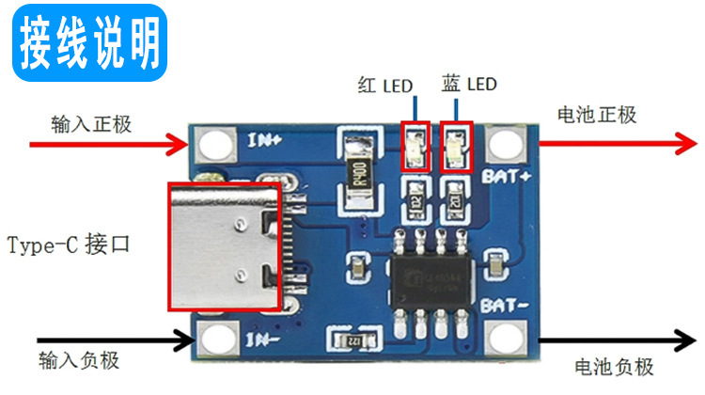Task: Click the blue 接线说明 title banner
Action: click(x=90, y=39)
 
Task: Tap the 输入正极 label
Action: click(x=91, y=124)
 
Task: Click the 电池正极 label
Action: click(x=597, y=115)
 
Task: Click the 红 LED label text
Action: click(x=385, y=86)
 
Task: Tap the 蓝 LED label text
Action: click(x=468, y=85)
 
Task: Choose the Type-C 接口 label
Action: click(x=68, y=246)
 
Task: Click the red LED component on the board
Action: click(x=415, y=147)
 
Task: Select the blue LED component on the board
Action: click(x=457, y=147)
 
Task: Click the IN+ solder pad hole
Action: click(x=215, y=144)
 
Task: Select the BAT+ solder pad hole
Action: click(x=508, y=144)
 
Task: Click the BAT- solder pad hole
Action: click(x=508, y=340)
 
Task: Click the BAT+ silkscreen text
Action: click(x=508, y=176)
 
